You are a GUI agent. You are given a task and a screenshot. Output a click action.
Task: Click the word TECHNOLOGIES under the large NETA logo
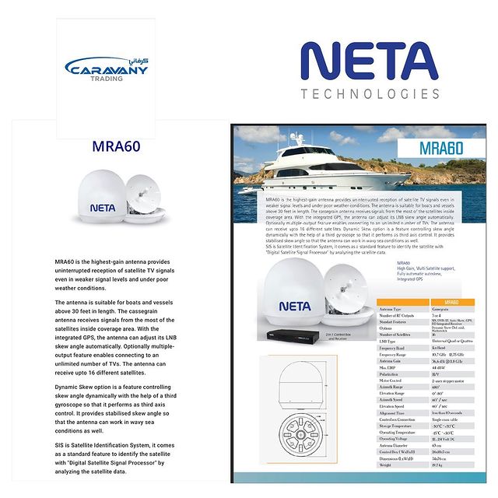[370, 94]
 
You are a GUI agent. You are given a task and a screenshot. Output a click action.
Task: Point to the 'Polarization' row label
[391, 373]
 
